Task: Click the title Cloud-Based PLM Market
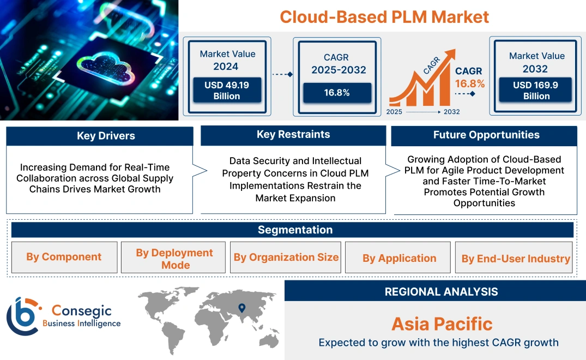(384, 16)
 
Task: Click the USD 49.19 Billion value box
(227, 91)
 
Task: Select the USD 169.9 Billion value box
(536, 91)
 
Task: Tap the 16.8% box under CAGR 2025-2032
(337, 93)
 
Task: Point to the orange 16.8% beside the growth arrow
(470, 83)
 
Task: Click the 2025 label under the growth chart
(395, 112)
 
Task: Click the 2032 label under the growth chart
(451, 112)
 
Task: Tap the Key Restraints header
(293, 135)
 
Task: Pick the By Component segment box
(64, 257)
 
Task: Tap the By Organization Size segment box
(286, 257)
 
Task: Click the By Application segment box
(399, 259)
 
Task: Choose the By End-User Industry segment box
(516, 259)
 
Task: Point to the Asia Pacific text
(442, 324)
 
